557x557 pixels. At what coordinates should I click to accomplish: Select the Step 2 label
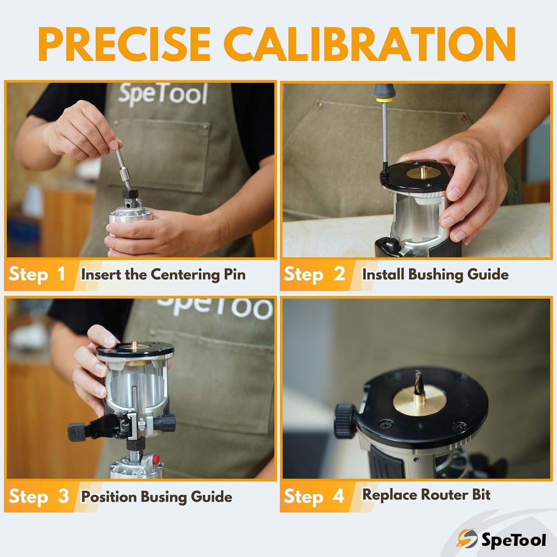(x=314, y=274)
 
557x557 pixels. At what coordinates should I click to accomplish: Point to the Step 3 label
(x=38, y=496)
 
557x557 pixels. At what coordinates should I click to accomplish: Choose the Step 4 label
(x=314, y=496)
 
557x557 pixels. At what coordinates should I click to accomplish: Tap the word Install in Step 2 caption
(x=384, y=275)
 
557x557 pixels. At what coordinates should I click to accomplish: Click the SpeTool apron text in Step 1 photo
(x=163, y=94)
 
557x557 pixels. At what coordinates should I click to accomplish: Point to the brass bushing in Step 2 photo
(x=422, y=172)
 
